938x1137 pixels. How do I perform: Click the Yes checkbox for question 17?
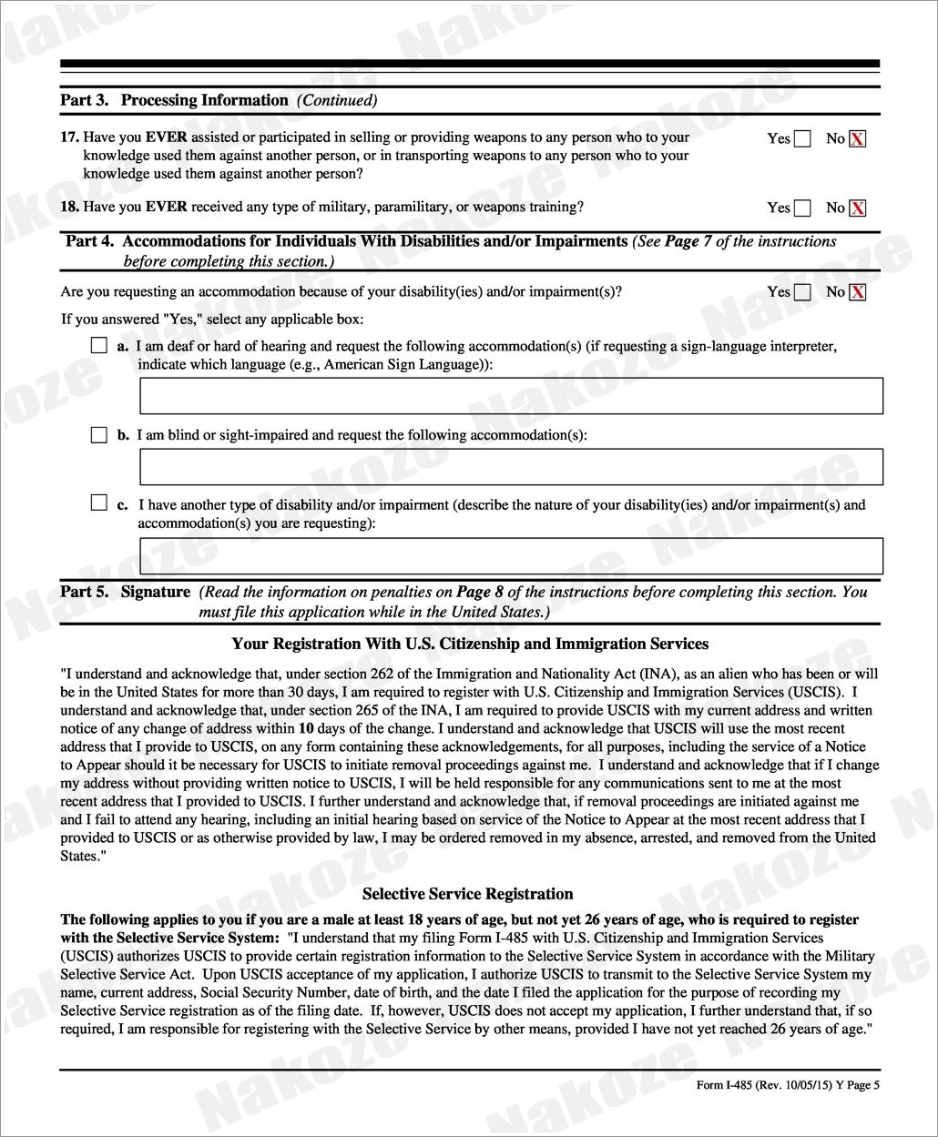[802, 139]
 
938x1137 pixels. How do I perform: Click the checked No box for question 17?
[857, 139]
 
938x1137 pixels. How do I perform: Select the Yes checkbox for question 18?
[802, 208]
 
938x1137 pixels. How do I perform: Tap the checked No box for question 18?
[857, 208]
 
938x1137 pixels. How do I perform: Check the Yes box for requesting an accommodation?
[802, 292]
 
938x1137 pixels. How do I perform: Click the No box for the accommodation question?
[857, 292]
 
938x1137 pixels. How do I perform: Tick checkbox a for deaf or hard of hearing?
[99, 346]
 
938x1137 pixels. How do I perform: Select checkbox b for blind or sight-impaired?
[99, 435]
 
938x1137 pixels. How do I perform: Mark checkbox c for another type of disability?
[99, 503]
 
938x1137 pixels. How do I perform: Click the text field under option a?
[511, 396]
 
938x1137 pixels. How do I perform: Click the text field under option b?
[511, 466]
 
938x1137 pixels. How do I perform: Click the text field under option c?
[511, 555]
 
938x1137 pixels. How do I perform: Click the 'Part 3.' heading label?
[85, 100]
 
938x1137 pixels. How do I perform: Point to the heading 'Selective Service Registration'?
[468, 894]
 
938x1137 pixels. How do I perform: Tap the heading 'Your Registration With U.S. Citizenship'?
[470, 644]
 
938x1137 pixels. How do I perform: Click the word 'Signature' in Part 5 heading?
[156, 592]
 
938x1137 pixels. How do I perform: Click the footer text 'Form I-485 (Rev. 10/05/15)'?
[762, 1084]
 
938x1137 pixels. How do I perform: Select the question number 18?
[69, 207]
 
